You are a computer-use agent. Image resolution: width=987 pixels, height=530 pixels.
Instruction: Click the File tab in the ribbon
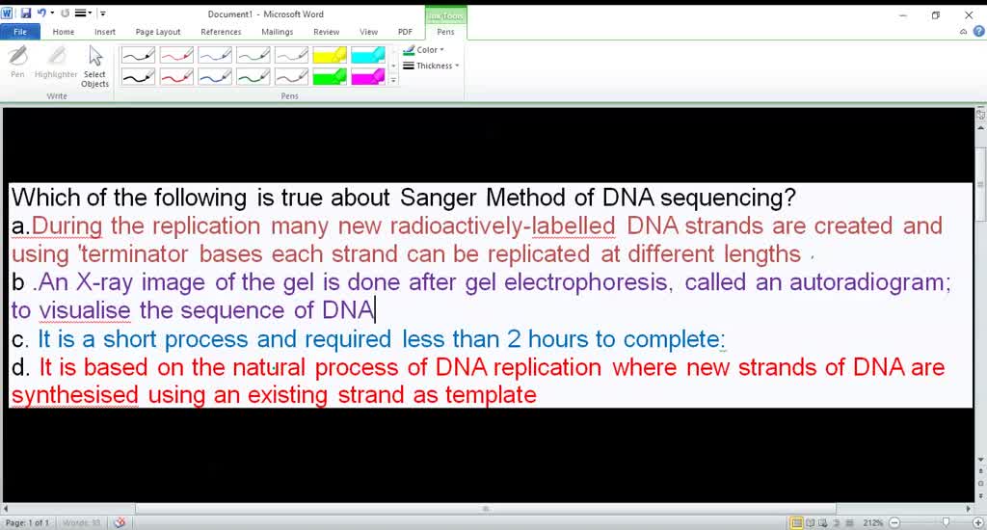pyautogui.click(x=19, y=32)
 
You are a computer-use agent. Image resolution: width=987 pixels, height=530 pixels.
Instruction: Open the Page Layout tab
pyautogui.click(x=158, y=32)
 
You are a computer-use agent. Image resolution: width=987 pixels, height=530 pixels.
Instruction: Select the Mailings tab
pyautogui.click(x=278, y=32)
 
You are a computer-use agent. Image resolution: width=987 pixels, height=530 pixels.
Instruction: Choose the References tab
pyautogui.click(x=221, y=32)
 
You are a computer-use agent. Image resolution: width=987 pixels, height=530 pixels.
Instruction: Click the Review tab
pyautogui.click(x=326, y=32)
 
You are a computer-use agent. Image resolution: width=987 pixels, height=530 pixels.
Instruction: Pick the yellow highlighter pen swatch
pyautogui.click(x=330, y=56)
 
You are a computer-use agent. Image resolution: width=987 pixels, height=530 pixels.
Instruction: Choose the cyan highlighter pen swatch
pyautogui.click(x=368, y=56)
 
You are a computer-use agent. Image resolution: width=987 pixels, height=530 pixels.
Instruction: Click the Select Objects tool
pyautogui.click(x=94, y=66)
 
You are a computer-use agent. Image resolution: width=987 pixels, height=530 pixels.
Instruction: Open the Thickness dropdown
pyautogui.click(x=431, y=66)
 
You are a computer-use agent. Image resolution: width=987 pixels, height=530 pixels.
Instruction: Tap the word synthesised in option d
pyautogui.click(x=75, y=395)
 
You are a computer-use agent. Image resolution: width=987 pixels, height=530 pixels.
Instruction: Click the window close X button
pyautogui.click(x=969, y=14)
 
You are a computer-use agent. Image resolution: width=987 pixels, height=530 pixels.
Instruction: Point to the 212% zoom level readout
pyautogui.click(x=873, y=522)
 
